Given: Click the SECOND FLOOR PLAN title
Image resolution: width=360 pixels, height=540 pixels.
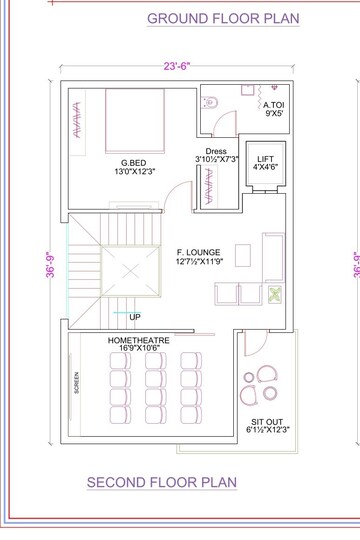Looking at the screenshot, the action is pos(162,482).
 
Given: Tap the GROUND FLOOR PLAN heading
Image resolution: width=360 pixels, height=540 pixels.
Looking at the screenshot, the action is pos(223,18).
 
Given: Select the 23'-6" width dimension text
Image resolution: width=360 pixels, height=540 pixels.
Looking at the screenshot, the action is pos(177,66).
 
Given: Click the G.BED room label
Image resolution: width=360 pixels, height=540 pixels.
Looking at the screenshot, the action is pos(135,167).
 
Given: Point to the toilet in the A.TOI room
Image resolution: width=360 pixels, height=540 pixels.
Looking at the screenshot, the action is pos(210,102).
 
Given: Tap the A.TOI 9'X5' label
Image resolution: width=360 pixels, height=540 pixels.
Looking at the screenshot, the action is pos(274,109).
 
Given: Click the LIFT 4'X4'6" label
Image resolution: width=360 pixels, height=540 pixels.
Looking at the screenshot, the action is pos(266,163).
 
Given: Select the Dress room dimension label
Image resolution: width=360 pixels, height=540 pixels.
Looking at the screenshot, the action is pos(216,155).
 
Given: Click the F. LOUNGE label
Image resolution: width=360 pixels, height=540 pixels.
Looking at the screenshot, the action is pos(199,257).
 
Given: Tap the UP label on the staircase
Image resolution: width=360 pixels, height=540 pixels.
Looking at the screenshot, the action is pos(135,317).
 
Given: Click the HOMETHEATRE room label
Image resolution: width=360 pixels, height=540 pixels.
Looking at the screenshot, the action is pos(139,344).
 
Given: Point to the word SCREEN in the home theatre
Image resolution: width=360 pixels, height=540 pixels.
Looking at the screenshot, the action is pos(76,383).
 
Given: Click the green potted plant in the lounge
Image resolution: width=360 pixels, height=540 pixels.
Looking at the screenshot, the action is pos(275,295).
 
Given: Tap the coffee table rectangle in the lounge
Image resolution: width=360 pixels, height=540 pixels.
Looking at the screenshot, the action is pos(243,256).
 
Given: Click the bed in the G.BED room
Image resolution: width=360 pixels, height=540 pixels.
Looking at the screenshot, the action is pos(135,121).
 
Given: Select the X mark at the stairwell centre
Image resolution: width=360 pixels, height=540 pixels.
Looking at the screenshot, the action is pos(131,271).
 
